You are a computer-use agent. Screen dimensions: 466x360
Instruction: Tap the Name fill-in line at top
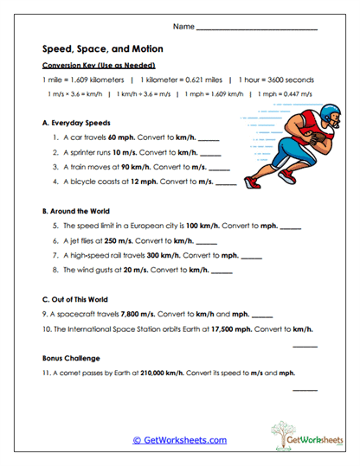click(257, 30)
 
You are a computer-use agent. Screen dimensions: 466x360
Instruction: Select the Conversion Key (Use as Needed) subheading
click(98, 65)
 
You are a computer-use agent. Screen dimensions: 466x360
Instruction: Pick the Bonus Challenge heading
click(72, 358)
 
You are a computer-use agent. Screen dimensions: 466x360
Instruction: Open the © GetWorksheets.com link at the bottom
click(179, 439)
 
